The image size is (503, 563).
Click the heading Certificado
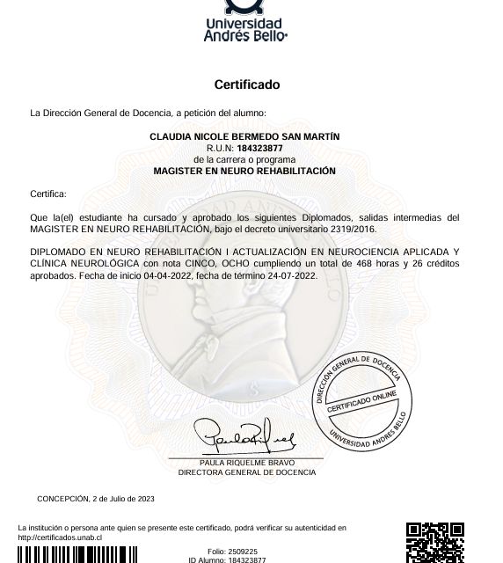(x=246, y=85)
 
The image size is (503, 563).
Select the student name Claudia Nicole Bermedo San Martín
(x=244, y=137)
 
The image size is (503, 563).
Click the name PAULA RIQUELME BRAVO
(x=246, y=463)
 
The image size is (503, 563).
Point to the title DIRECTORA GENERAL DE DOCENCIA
(x=246, y=472)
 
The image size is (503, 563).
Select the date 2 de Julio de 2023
(x=124, y=499)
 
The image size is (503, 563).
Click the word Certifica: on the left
(x=48, y=194)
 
